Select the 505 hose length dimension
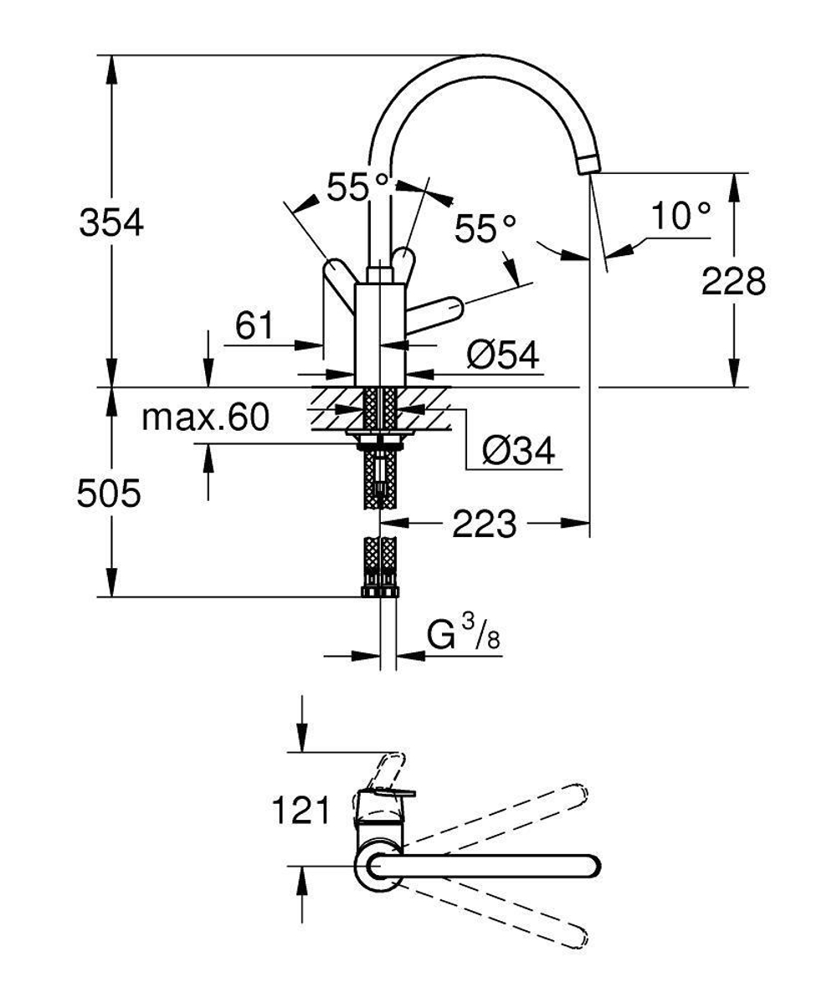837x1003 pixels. (109, 494)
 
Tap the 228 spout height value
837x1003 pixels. (733, 281)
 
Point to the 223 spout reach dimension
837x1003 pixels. (484, 525)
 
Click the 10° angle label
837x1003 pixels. (680, 217)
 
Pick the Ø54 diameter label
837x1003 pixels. (503, 356)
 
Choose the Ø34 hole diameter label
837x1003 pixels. (518, 453)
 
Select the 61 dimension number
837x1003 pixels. (254, 325)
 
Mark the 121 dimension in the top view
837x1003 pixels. (299, 811)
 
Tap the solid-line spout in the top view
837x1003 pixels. (494, 866)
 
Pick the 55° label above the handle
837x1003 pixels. (358, 188)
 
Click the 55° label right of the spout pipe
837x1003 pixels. (485, 228)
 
